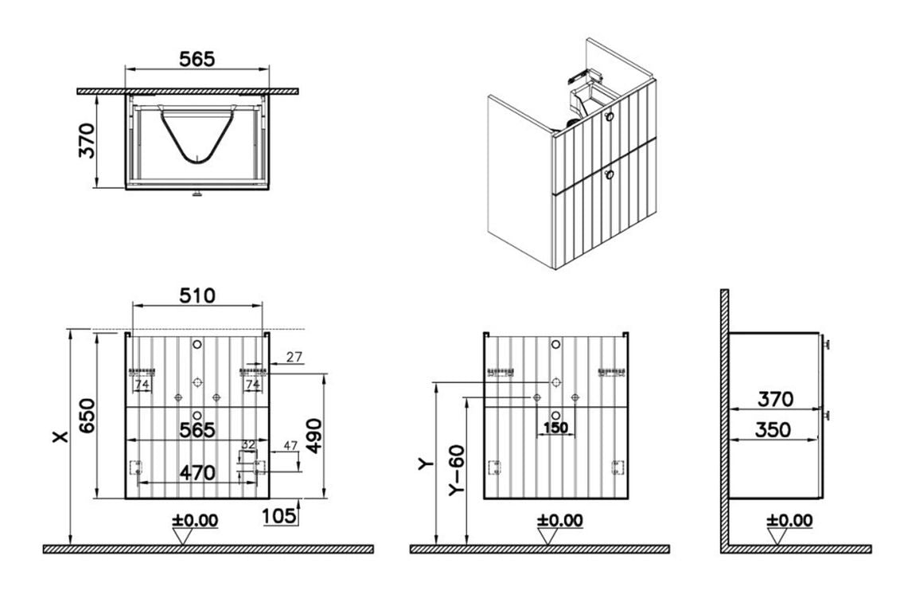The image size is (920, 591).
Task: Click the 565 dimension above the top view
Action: (x=197, y=59)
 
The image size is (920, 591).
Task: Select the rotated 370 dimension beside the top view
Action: (x=87, y=140)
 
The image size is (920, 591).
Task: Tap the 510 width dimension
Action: (x=197, y=295)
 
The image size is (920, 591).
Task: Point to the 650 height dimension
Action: (x=87, y=416)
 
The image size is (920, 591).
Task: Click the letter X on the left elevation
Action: (x=60, y=436)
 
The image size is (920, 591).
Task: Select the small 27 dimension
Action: (x=294, y=357)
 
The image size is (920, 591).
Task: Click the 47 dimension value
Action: (x=291, y=445)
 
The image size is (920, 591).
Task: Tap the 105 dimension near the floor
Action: (x=279, y=515)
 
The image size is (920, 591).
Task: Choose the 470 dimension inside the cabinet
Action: (x=197, y=472)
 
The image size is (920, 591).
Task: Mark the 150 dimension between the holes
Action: (x=555, y=428)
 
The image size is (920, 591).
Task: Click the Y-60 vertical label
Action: (x=457, y=469)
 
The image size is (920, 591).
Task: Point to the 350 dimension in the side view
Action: (x=773, y=429)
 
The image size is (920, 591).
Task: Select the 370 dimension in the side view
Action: (x=775, y=400)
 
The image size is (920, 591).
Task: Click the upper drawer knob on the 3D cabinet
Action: (x=609, y=116)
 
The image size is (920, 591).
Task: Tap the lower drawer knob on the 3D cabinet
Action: (x=609, y=174)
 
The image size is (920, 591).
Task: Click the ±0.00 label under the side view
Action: (x=789, y=520)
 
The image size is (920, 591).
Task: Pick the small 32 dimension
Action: (x=248, y=444)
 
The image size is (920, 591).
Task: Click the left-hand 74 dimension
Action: (x=142, y=385)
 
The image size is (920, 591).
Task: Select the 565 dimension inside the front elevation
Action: (x=197, y=430)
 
